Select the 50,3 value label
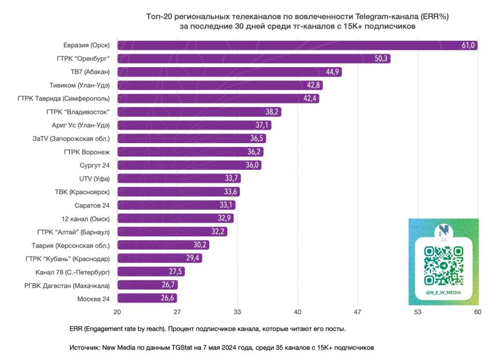click(x=382, y=59)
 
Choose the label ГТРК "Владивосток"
click(x=78, y=112)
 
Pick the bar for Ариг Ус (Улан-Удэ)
click(x=194, y=125)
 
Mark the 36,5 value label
click(x=257, y=139)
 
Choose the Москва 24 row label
click(x=93, y=298)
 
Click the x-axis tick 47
click(x=357, y=312)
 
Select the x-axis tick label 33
click(x=237, y=312)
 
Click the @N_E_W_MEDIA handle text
click(x=443, y=292)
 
